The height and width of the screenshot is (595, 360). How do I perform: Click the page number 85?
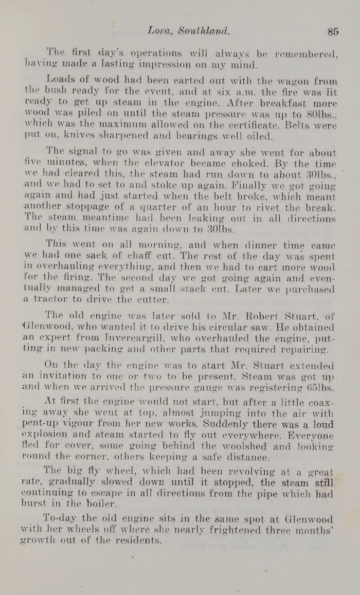[333, 31]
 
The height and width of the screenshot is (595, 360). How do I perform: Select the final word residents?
[135, 541]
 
